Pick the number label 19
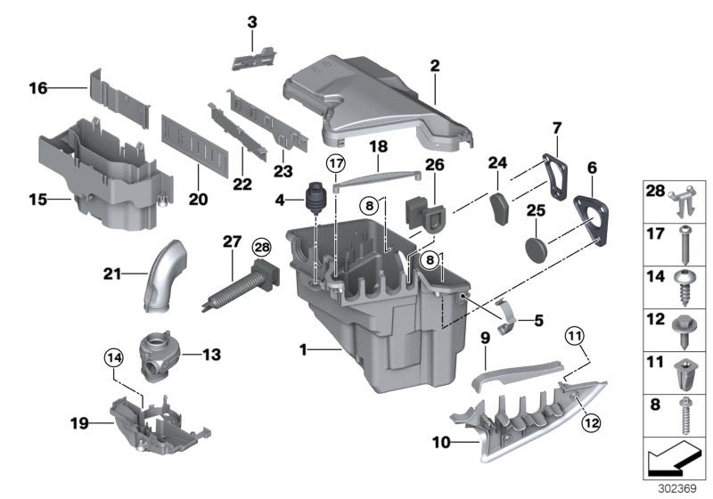79,422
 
